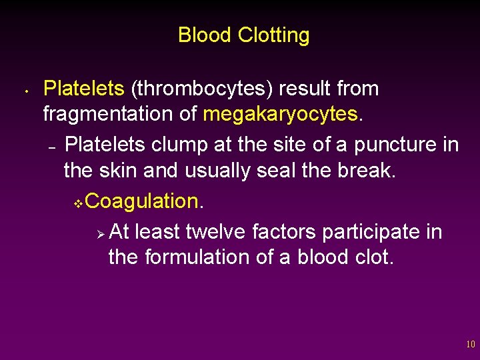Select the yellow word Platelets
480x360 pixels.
pyautogui.click(x=84, y=89)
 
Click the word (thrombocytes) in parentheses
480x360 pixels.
pyautogui.click(x=204, y=89)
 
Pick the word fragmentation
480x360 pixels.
pyautogui.click(x=109, y=114)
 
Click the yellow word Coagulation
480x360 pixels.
pyautogui.click(x=143, y=201)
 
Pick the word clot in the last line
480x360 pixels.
pyautogui.click(x=374, y=257)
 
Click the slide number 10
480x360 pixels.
pyautogui.click(x=471, y=344)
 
